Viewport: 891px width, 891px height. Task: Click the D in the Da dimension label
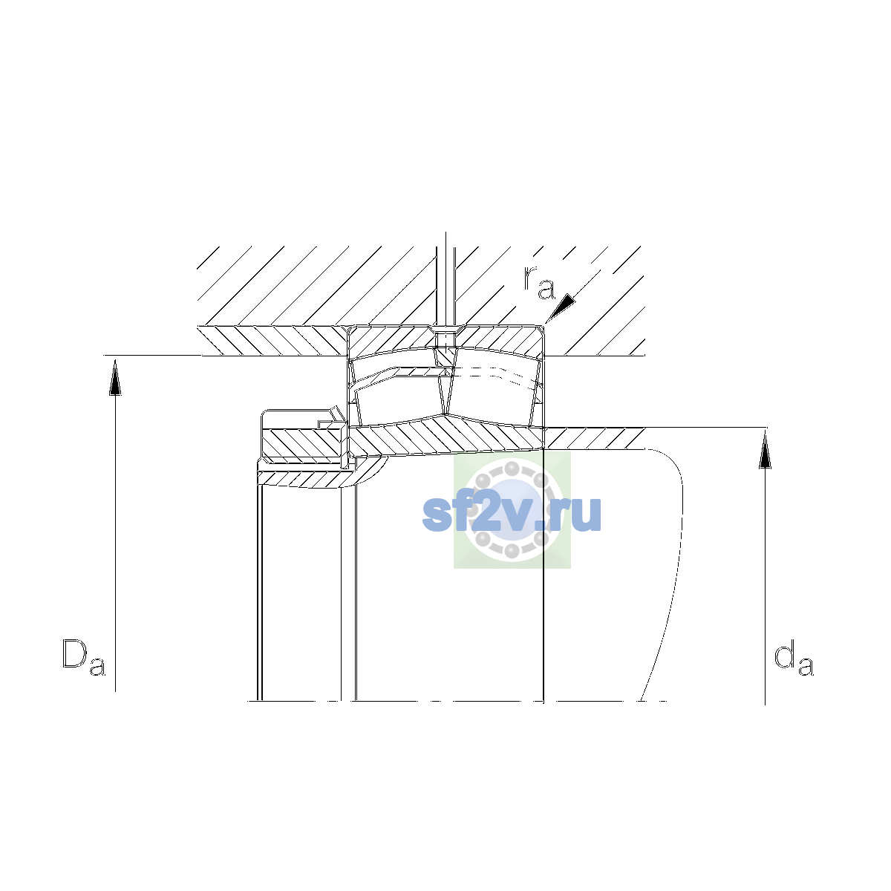(x=75, y=653)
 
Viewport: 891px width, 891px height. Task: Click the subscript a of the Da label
(x=97, y=666)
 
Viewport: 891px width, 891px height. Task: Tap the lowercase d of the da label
(x=784, y=653)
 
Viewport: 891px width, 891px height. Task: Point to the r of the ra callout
(x=530, y=276)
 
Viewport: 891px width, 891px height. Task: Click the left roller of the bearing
(x=399, y=399)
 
